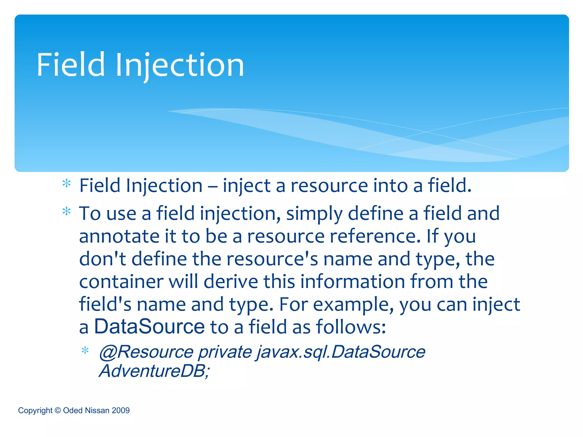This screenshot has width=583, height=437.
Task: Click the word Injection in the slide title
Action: pos(180,65)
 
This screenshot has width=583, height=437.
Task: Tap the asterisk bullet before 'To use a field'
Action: pos(66,211)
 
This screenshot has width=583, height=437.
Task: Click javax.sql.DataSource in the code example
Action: pos(341,352)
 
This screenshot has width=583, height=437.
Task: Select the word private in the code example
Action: pos(225,352)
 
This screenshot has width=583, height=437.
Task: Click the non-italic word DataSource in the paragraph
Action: pos(149,326)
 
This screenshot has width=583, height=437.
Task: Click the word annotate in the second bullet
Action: pos(119,236)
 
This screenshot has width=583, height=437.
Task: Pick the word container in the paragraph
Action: pos(121,281)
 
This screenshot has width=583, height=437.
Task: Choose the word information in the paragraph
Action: pos(353,281)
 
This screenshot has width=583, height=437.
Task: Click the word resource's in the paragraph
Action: pos(272,259)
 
